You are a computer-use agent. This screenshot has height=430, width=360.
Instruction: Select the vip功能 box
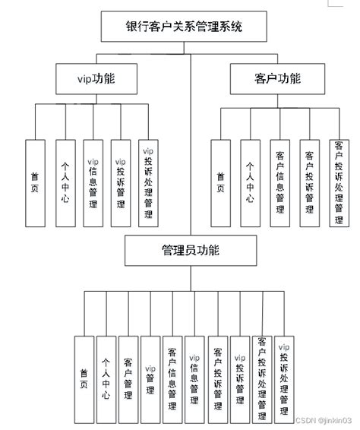tap(95, 77)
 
